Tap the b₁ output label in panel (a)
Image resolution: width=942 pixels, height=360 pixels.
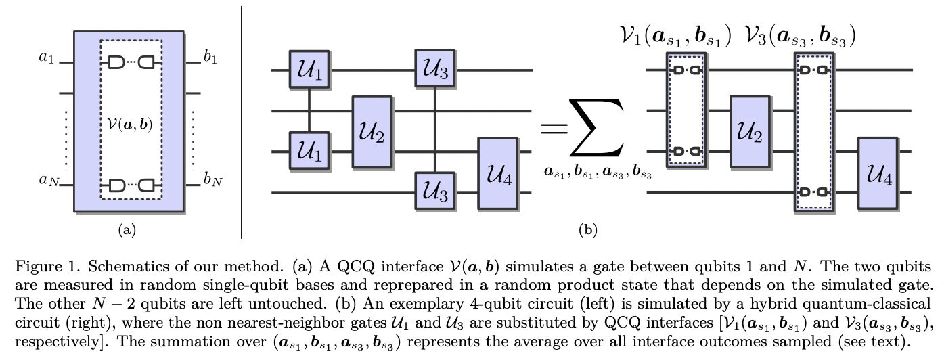click(210, 58)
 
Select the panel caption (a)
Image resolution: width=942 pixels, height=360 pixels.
click(127, 230)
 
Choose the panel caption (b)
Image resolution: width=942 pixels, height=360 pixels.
click(587, 230)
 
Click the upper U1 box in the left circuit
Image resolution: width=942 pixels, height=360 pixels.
click(309, 69)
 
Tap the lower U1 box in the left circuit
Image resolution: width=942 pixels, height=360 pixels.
click(309, 150)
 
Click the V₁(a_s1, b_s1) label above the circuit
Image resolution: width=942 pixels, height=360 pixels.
click(675, 35)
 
